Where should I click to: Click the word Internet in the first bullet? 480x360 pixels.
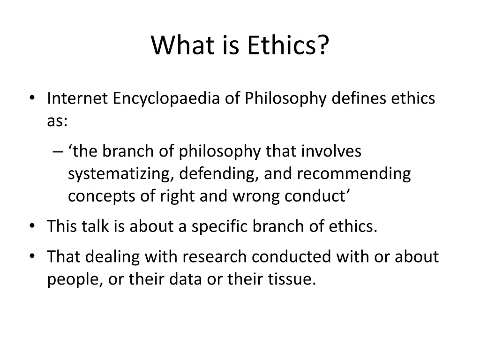coord(76,99)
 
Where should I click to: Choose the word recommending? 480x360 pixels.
coord(353,174)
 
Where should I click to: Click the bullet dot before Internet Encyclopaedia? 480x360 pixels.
coord(32,99)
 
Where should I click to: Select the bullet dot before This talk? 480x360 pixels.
coord(32,227)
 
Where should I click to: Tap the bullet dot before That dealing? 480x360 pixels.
coord(32,257)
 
